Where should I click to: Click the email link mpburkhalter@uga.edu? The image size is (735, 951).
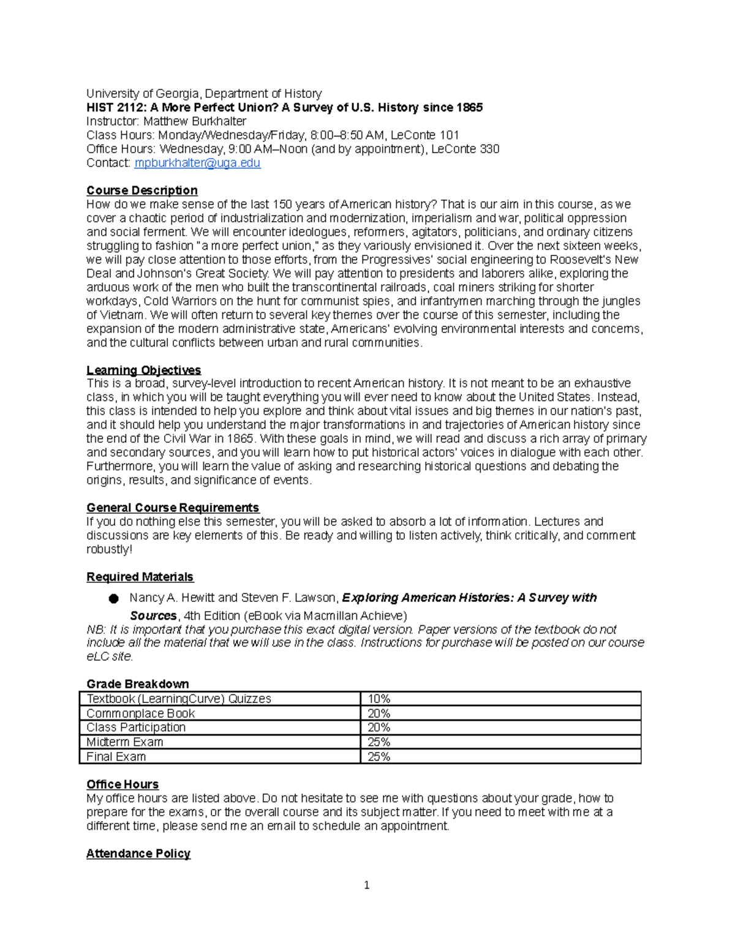coord(197,163)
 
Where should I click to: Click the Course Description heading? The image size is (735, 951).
coord(141,190)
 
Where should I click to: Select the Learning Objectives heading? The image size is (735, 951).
coord(143,370)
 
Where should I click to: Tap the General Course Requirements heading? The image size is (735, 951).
coord(173,508)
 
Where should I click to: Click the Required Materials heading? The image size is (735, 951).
coord(140,577)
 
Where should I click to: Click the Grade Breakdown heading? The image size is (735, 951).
coord(137,684)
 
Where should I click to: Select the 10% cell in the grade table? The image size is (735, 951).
coord(379,699)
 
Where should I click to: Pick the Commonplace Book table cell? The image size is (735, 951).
coord(140,713)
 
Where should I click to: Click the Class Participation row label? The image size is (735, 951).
coord(136,727)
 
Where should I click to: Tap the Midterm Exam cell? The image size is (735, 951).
coord(125,742)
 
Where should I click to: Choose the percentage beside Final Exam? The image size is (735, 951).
coord(379,757)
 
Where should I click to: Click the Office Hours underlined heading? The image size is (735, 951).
coord(122,784)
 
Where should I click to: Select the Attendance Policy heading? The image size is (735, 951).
coord(138,854)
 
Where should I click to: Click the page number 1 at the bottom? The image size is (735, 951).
coord(366,885)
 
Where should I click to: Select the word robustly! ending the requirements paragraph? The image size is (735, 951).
coord(109,549)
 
